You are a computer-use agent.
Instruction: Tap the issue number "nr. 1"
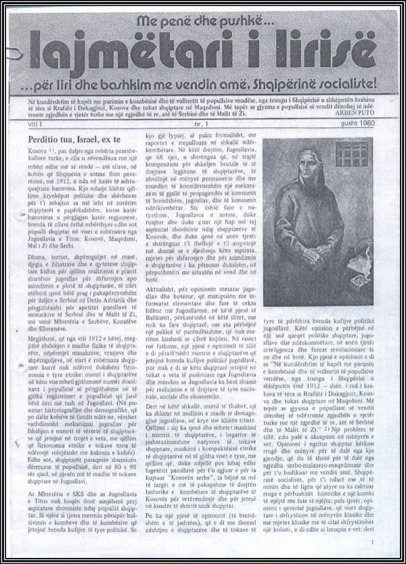tap(200, 124)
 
